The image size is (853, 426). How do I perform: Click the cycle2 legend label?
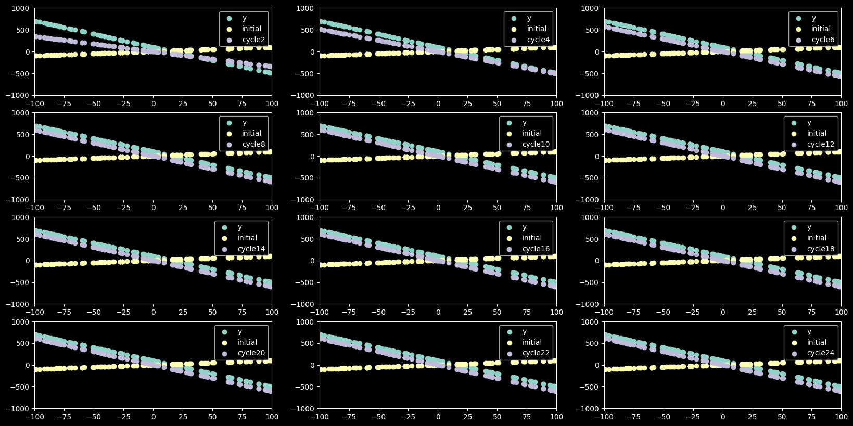(x=253, y=40)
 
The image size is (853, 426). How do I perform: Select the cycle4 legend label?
(x=538, y=40)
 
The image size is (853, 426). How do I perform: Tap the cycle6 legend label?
(x=823, y=40)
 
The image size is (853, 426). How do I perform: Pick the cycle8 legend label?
(x=253, y=145)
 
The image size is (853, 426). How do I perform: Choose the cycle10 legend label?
(x=536, y=145)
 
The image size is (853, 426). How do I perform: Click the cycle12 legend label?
(x=821, y=145)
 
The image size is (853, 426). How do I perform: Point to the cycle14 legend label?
(x=251, y=249)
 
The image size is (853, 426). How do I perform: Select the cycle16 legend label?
(x=536, y=249)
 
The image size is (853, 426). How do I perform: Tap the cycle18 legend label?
(x=821, y=249)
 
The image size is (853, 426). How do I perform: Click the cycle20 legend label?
(x=251, y=353)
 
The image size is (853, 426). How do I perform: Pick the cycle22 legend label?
(x=536, y=353)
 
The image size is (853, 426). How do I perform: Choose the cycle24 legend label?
(x=821, y=353)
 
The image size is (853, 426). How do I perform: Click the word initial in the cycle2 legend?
(x=251, y=29)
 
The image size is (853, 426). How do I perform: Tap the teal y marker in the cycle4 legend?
(x=514, y=18)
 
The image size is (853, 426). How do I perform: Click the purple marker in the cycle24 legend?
(x=794, y=353)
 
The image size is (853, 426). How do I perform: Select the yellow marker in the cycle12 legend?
(x=794, y=134)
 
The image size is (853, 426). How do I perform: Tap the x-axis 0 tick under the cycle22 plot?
(x=438, y=417)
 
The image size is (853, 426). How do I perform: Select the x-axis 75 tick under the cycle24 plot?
(x=811, y=417)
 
